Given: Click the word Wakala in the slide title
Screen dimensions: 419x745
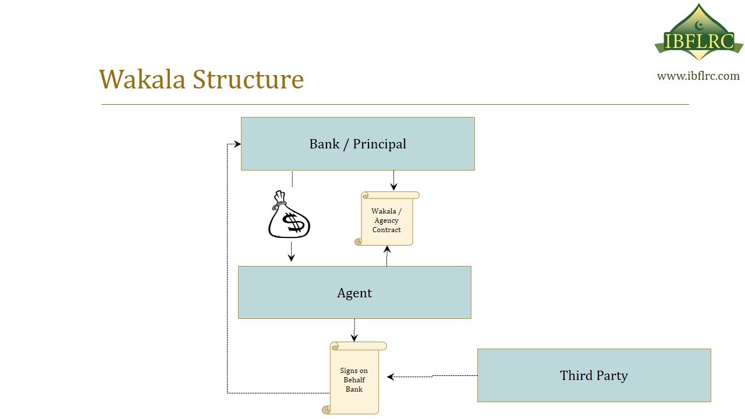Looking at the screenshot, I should click(143, 79).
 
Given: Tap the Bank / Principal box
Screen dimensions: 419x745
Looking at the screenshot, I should click(357, 144).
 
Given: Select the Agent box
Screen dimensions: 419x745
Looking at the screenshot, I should click(354, 292).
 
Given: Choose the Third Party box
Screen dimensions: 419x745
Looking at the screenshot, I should click(594, 375).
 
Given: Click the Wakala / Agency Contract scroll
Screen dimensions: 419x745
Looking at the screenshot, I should click(386, 219).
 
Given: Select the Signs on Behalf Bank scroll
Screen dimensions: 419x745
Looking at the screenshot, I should click(354, 378).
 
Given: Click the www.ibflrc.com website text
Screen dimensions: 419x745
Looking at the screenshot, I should click(698, 76).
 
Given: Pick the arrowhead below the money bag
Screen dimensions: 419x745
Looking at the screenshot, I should click(291, 257).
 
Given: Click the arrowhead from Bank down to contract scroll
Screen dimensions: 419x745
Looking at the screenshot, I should click(393, 187).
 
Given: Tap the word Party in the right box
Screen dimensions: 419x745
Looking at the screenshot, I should click(611, 375).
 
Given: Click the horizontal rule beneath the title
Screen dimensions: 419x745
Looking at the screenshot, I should click(395, 104).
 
